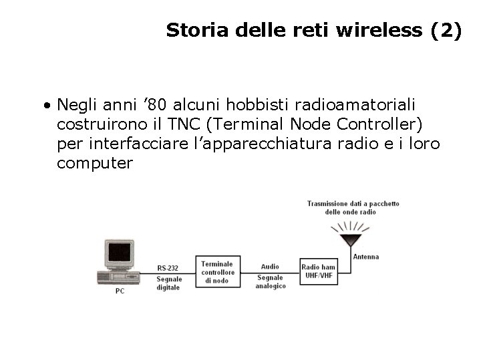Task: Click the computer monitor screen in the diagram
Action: tap(120, 253)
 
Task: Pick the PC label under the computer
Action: tap(120, 291)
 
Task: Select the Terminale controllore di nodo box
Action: tap(217, 272)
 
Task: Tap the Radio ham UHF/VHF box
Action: tap(318, 272)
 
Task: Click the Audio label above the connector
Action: tap(270, 266)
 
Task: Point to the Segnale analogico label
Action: tap(270, 281)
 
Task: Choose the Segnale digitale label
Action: tap(168, 283)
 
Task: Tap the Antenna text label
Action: tap(365, 256)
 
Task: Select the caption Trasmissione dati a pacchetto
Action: tap(353, 203)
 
